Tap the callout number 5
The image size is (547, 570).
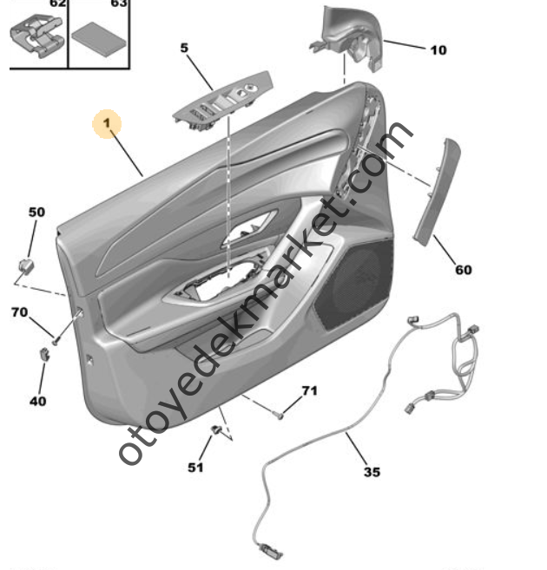pos(184,49)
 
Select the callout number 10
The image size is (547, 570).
pos(438,49)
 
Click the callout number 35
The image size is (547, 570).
pos(371,473)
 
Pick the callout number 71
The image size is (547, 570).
pos(310,392)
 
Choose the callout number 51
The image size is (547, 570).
pos(195,468)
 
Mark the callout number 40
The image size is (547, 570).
pos(38,401)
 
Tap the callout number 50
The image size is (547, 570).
pos(36,212)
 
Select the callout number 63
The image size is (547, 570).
pos(119,4)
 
